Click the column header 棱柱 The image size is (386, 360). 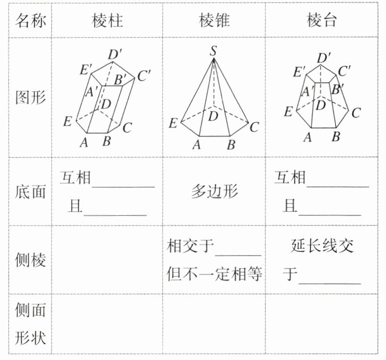[107, 21]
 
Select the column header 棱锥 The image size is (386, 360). [214, 21]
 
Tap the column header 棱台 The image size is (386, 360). [322, 21]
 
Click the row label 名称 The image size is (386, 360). [31, 21]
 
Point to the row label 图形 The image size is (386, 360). [31, 98]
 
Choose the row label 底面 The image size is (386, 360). [31, 191]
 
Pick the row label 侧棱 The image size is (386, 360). [31, 260]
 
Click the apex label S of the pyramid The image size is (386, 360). [213, 50]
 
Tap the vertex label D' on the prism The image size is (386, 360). [116, 53]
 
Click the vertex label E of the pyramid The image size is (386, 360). [173, 123]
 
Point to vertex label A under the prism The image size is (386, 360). [83, 142]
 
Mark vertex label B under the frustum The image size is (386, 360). [336, 137]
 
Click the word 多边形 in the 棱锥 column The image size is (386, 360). [214, 191]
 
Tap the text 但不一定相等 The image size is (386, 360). [214, 273]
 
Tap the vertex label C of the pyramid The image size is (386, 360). [254, 128]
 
